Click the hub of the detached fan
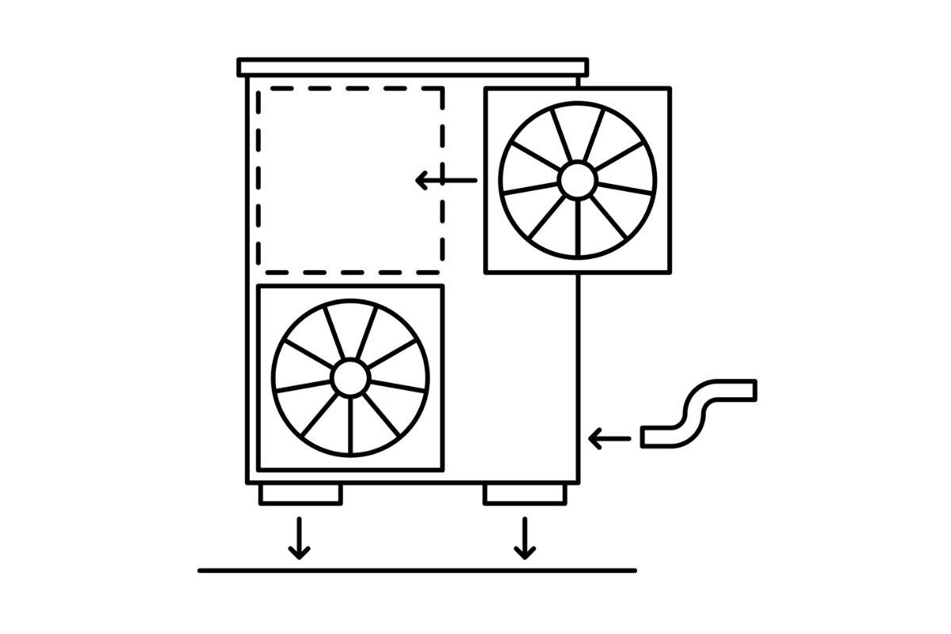pyautogui.click(x=577, y=180)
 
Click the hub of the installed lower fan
pyautogui.click(x=349, y=378)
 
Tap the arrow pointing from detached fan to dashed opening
pyautogui.click(x=446, y=181)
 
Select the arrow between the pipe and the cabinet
pyautogui.click(x=609, y=437)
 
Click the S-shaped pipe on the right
pyautogui.click(x=697, y=413)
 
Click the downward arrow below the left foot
pyautogui.click(x=299, y=538)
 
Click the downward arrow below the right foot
pyautogui.click(x=523, y=538)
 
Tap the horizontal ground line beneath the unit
pyautogui.click(x=416, y=570)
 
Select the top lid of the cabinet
pyautogui.click(x=413, y=67)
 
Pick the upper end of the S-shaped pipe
pyautogui.click(x=751, y=390)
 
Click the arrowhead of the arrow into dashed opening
pyautogui.click(x=420, y=181)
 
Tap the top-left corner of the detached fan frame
pyautogui.click(x=486, y=89)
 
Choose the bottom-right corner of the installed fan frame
pyautogui.click(x=442, y=470)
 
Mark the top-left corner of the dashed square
pyautogui.click(x=259, y=90)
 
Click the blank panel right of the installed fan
pyautogui.click(x=511, y=380)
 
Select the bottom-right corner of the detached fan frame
pyautogui.click(x=670, y=272)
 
